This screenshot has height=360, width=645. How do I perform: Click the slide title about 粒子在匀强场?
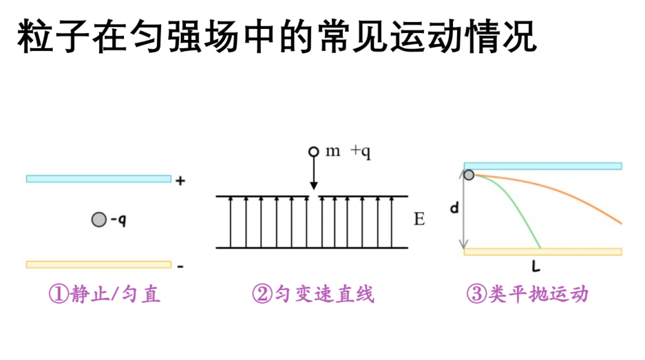click(x=277, y=36)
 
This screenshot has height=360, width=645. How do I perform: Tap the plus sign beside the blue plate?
click(x=180, y=180)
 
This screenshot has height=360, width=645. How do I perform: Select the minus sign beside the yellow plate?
click(x=180, y=266)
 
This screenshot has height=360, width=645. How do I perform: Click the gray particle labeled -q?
click(x=98, y=220)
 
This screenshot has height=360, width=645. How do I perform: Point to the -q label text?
click(x=118, y=220)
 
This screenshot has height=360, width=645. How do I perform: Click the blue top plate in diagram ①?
click(x=98, y=178)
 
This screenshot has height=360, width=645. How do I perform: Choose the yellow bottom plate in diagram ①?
click(x=98, y=264)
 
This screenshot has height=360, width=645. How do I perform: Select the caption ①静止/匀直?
click(x=105, y=294)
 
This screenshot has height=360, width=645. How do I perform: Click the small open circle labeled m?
click(x=313, y=152)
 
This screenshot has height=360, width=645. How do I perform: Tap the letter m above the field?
click(x=332, y=151)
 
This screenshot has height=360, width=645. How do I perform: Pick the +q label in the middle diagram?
click(x=361, y=152)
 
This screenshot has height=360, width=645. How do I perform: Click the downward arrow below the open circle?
click(x=314, y=173)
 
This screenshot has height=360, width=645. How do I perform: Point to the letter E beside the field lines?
click(x=419, y=219)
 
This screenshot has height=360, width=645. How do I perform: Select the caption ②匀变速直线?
click(x=313, y=294)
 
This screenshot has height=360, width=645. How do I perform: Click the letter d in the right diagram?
click(x=454, y=208)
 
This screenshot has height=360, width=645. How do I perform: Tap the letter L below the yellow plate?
click(x=536, y=267)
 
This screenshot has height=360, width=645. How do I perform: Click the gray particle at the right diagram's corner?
click(x=469, y=176)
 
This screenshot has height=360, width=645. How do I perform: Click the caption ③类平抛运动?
click(x=527, y=294)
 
